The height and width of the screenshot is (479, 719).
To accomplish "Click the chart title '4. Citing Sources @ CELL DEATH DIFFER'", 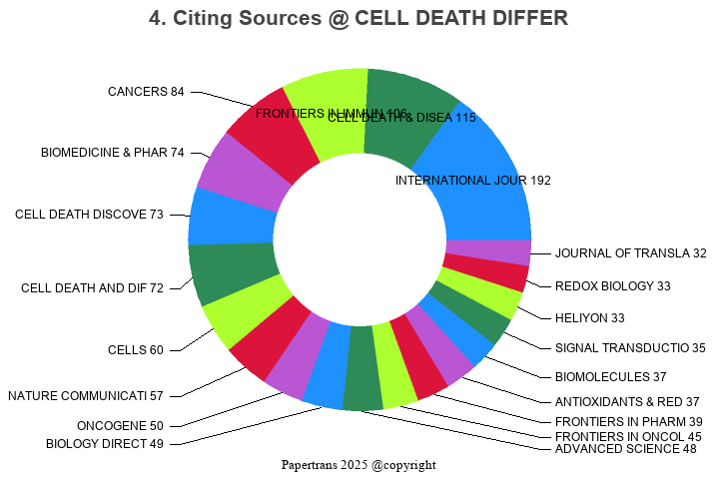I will pos(359,18).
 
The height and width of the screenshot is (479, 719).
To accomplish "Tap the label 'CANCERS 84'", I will pos(146,92).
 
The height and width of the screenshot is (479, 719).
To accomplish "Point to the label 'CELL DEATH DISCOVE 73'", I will pos(89,215).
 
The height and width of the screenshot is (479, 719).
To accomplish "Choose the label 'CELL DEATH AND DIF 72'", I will pos(92,288).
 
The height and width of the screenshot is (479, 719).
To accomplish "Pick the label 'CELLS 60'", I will pos(135,350).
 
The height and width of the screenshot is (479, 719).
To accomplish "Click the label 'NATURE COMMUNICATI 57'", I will pos(85,396).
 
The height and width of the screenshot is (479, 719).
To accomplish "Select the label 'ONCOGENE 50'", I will pos(120,426).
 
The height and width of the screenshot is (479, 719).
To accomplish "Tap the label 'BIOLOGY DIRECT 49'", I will pos(104,444).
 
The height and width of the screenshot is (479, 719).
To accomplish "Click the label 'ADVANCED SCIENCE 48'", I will pos(625,449).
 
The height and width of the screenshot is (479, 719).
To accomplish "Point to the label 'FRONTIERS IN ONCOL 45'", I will pos(628,436).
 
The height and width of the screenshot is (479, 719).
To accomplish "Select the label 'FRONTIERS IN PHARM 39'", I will pos(628,422).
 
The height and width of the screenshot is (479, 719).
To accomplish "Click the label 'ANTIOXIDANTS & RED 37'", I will pos(627,401).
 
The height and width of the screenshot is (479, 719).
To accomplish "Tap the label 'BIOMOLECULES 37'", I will pos(610,377).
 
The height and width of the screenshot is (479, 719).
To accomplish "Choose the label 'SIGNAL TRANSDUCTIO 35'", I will pos(630,348).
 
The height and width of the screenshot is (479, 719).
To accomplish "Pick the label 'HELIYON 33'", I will pos(589,318).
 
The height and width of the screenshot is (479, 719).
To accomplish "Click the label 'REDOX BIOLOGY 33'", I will pos(613,286).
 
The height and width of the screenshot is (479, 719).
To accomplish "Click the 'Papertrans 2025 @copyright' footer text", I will pos(359,465).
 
